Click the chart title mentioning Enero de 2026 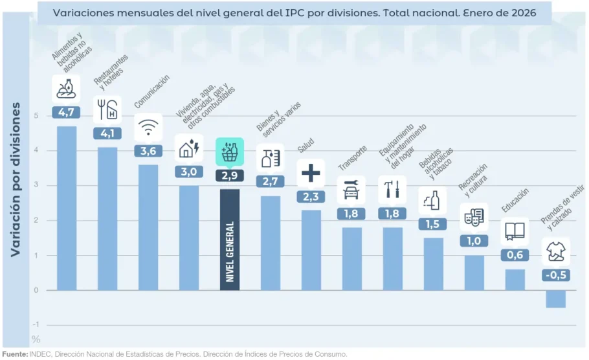(294, 12)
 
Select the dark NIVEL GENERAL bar (230, 240)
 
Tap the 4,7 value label (66, 113)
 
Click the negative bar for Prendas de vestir (555, 298)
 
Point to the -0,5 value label (555, 275)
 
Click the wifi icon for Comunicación (148, 127)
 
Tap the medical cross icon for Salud (311, 173)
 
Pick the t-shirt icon (555, 250)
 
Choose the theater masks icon (474, 216)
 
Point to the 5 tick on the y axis (36, 116)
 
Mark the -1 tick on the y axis (35, 324)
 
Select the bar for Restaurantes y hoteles (107, 218)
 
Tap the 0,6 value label (515, 255)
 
